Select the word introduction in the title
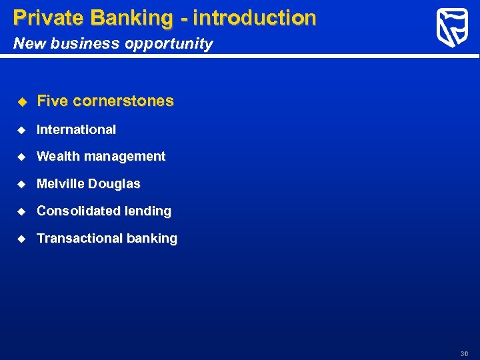(x=255, y=18)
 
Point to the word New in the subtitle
(x=27, y=44)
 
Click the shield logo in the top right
(x=452, y=28)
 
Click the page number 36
(x=464, y=353)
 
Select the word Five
(x=53, y=101)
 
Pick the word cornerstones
(x=123, y=101)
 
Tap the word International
(x=76, y=129)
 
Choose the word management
(x=122, y=156)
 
